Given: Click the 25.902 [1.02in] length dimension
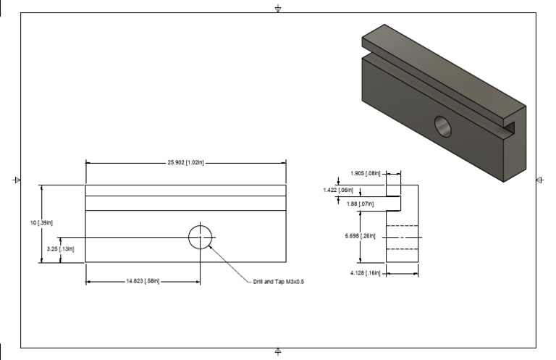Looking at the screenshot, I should [185, 162].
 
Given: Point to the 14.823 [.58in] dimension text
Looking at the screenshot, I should [142, 281].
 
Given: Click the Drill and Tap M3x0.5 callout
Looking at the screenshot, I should [279, 282].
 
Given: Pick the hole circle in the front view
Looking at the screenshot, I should [201, 236].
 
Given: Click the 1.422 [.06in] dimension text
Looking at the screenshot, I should [338, 190].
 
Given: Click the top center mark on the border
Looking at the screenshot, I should [279, 9].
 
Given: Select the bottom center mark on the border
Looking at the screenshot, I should [279, 351].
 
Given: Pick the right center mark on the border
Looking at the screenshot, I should [539, 179].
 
